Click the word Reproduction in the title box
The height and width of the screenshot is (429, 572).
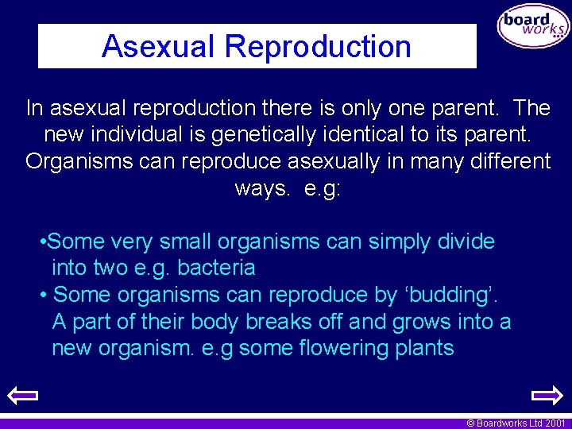(318, 47)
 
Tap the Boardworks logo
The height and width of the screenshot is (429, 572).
(533, 27)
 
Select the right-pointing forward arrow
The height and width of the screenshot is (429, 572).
(547, 396)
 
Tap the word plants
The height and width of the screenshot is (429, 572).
(424, 348)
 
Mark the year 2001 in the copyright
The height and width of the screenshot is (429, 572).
(555, 423)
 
